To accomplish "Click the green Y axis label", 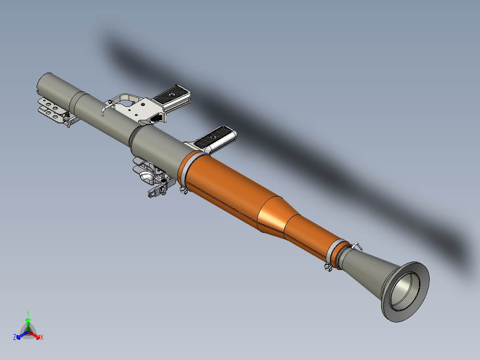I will click(28, 313).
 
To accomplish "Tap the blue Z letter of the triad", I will click(15, 337).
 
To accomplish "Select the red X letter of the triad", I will click(42, 338).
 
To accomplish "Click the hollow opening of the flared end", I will click(406, 292).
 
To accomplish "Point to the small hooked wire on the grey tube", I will click(106, 106).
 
